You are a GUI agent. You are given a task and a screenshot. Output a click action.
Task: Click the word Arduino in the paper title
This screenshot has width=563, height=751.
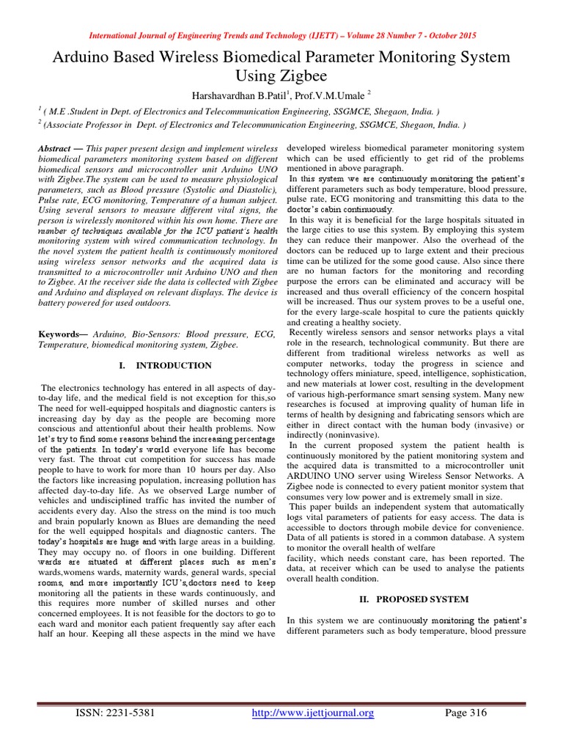click(x=83, y=58)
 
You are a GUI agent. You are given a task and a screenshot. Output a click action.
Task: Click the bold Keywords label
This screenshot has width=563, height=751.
click(x=63, y=334)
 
